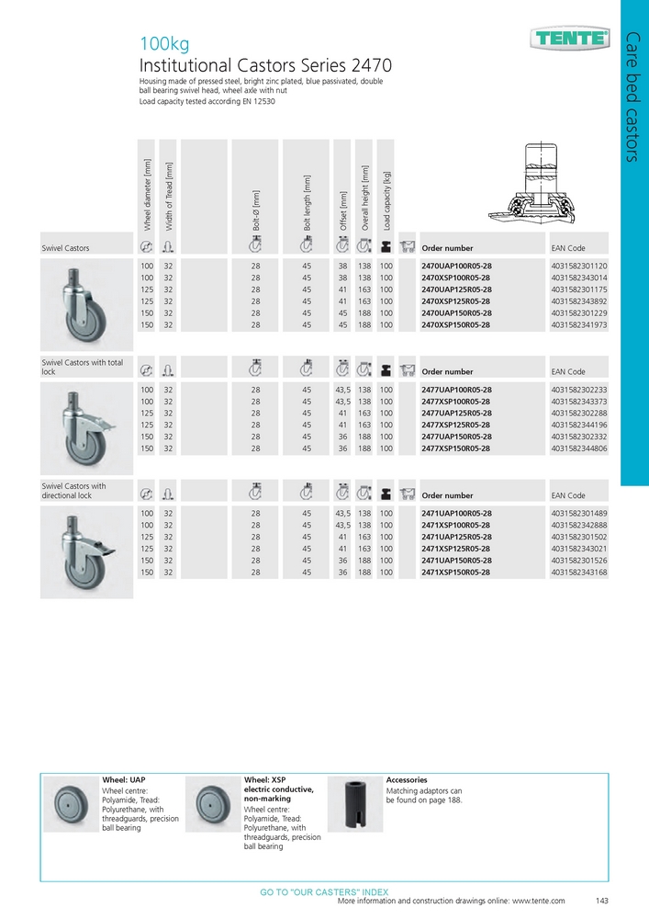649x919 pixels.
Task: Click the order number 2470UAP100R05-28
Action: pyautogui.click(x=463, y=266)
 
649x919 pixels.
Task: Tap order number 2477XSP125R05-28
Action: pyautogui.click(x=463, y=425)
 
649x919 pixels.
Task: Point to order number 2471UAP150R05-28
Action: pyautogui.click(x=463, y=560)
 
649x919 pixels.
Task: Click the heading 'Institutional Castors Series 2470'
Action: pyautogui.click(x=265, y=65)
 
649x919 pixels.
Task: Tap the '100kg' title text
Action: pyautogui.click(x=163, y=43)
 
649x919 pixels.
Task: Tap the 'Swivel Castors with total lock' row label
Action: pyautogui.click(x=83, y=368)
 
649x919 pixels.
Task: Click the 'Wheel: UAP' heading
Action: pyautogui.click(x=124, y=779)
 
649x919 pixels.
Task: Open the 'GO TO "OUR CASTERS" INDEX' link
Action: pyautogui.click(x=324, y=892)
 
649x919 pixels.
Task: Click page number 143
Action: pyautogui.click(x=602, y=902)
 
